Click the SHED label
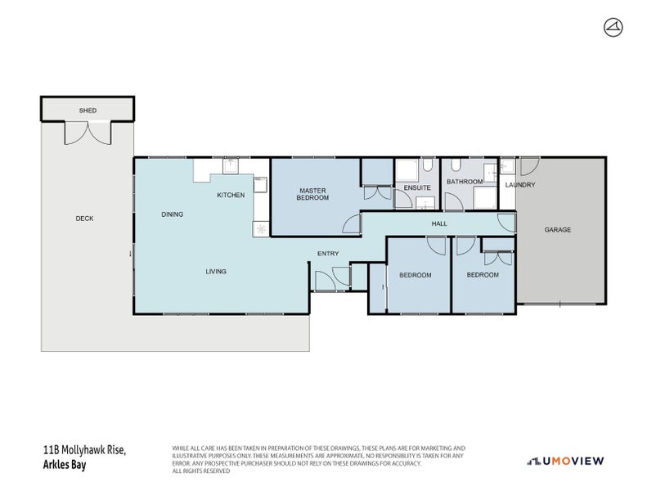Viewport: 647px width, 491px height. point(87,109)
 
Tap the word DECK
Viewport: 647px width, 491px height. point(84,218)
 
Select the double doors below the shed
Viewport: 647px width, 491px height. point(87,132)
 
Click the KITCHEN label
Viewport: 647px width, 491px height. point(231,196)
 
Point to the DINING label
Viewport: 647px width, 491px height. point(172,214)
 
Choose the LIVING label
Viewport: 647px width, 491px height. point(216,272)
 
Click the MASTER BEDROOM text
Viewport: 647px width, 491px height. point(312,194)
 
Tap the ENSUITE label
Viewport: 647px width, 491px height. point(417,188)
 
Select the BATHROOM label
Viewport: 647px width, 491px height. point(465,182)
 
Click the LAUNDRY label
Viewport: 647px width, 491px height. point(520,185)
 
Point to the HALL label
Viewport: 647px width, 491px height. point(439,223)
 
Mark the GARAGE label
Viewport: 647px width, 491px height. point(558,230)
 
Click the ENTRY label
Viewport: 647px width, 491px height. point(328,254)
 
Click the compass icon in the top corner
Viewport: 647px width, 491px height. point(612,29)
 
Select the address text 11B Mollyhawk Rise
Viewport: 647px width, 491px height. point(84,449)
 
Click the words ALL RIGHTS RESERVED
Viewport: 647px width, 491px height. point(200,471)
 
